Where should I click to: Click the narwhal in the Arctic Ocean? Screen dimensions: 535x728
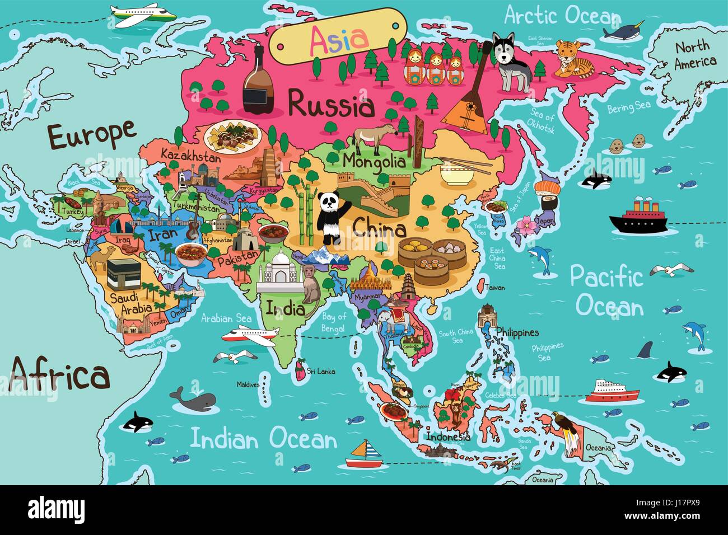(622, 33)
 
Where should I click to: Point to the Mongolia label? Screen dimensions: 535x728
(374, 162)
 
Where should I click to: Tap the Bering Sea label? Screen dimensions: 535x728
(628, 107)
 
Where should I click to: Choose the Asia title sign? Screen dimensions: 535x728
(339, 37)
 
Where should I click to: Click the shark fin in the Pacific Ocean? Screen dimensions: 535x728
(645, 350)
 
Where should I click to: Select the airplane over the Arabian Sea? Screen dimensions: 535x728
(250, 335)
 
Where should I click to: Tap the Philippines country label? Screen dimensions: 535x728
(517, 333)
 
